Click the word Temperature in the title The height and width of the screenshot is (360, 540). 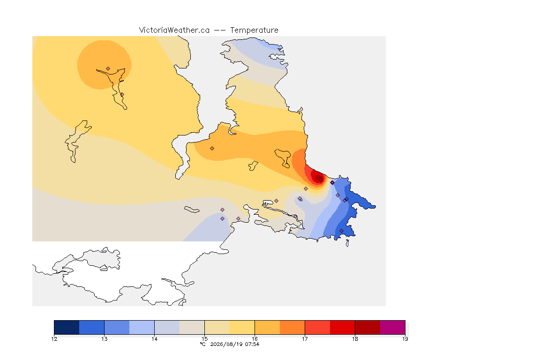254,30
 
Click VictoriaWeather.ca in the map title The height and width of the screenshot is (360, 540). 174,30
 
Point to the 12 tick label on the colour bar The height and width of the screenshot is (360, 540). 54,339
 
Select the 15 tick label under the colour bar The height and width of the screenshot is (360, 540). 204,339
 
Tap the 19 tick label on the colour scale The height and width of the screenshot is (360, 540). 405,339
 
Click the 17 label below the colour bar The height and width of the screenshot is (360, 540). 305,339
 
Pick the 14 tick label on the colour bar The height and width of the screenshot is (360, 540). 154,339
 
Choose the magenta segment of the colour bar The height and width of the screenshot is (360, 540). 393,327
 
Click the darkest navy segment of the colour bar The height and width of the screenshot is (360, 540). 67,327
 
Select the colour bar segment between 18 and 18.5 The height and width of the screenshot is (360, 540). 367,327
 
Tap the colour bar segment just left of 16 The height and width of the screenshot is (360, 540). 242,327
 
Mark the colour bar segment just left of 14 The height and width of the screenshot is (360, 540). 142,327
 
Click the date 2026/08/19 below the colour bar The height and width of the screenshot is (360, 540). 226,344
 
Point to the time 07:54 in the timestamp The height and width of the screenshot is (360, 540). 252,344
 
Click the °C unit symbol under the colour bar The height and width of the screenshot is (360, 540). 203,344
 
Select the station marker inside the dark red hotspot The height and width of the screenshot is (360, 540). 321,180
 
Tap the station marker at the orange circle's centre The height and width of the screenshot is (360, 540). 108,69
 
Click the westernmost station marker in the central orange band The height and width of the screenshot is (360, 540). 212,149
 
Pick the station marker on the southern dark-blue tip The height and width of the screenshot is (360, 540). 341,231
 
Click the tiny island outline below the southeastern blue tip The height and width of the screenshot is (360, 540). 347,244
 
